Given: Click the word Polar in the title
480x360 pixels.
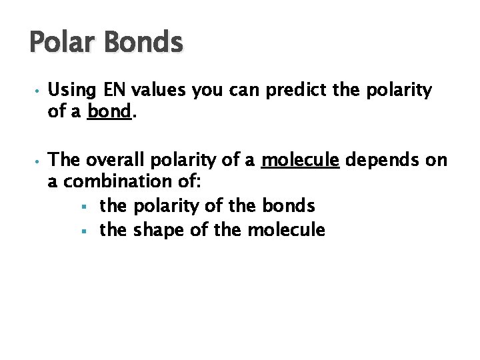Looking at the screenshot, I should (x=60, y=43).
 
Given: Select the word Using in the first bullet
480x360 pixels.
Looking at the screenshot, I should (x=71, y=91).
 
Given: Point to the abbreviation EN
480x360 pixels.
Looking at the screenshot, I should (x=109, y=90).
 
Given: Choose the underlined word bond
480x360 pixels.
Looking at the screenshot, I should (x=109, y=111).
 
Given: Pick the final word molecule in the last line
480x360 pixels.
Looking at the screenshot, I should (x=286, y=231).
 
